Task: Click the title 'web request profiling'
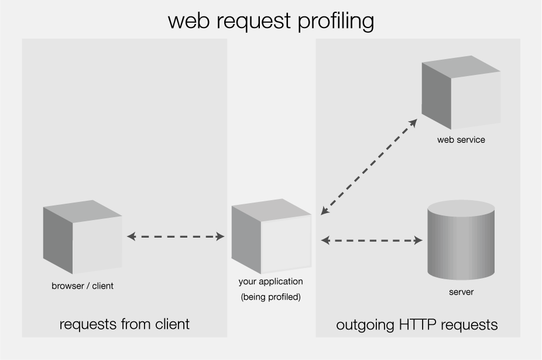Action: click(270, 20)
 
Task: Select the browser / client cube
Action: click(83, 237)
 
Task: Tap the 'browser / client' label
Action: click(83, 286)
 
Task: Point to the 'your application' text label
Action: click(271, 282)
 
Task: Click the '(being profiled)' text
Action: click(271, 297)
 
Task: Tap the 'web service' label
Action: click(461, 140)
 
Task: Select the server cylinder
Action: click(461, 240)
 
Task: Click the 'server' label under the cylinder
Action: click(461, 292)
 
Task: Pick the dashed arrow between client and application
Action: click(176, 236)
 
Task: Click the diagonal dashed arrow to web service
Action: click(369, 167)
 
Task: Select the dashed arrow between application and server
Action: click(372, 240)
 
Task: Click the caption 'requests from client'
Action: click(125, 324)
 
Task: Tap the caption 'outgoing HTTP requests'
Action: click(417, 324)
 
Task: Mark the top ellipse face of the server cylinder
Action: click(461, 208)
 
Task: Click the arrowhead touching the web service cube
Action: click(413, 122)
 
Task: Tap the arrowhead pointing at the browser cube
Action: click(131, 236)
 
